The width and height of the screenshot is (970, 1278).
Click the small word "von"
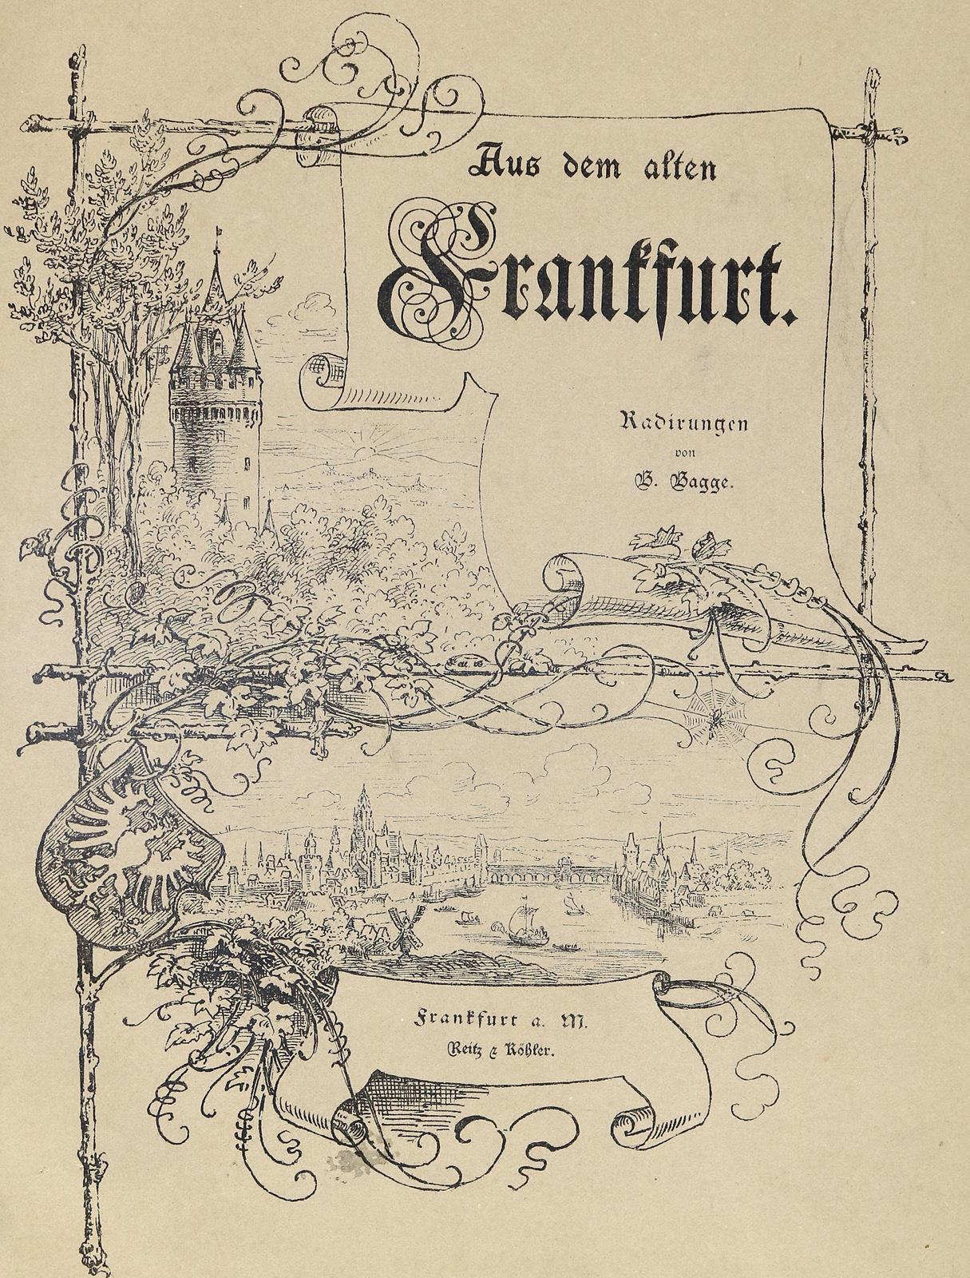click(x=685, y=454)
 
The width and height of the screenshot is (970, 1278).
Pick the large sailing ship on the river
click(x=524, y=923)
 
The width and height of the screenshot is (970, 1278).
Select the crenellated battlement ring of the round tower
click(x=214, y=399)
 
